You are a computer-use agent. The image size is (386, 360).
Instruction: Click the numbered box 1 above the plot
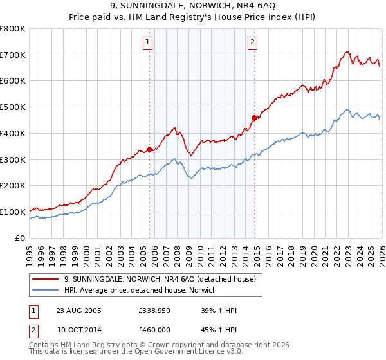[148, 43]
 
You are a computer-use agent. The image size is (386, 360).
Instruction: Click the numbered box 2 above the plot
[252, 43]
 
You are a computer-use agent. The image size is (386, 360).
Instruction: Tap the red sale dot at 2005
[150, 149]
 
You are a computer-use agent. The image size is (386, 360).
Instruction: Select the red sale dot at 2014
[255, 118]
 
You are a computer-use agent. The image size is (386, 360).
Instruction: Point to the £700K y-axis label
[13, 55]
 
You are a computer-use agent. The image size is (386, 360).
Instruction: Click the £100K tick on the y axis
[13, 212]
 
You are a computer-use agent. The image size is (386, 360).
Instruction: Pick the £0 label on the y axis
[21, 238]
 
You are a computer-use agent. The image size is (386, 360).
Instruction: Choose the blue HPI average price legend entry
[140, 291]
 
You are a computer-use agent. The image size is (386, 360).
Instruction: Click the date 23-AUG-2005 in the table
[78, 310]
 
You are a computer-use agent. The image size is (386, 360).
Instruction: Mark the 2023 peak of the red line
[347, 51]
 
